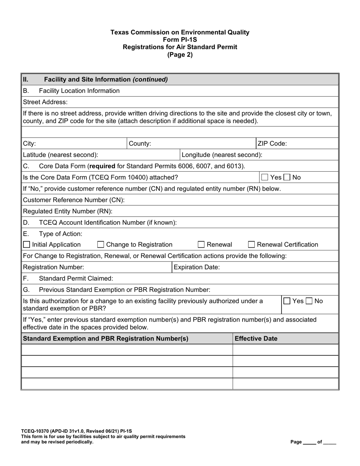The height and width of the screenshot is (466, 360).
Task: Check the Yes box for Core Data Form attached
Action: click(265, 177)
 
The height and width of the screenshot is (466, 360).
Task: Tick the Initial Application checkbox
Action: click(27, 245)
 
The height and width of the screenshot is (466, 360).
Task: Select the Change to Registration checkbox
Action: click(101, 245)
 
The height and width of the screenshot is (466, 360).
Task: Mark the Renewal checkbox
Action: click(202, 245)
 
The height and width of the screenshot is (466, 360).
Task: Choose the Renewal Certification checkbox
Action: click(252, 245)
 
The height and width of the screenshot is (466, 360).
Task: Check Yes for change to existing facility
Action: click(288, 301)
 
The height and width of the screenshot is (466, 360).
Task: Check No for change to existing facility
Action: click(310, 301)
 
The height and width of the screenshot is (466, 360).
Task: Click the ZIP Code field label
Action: click(272, 144)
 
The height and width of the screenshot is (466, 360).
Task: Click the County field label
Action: click(140, 144)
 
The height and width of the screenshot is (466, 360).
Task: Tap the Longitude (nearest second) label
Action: click(222, 155)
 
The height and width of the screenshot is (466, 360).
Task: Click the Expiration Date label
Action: click(196, 267)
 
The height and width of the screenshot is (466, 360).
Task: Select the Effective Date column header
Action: click(256, 339)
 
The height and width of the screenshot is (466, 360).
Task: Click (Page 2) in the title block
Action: click(180, 55)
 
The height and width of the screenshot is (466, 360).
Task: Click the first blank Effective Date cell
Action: click(285, 350)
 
